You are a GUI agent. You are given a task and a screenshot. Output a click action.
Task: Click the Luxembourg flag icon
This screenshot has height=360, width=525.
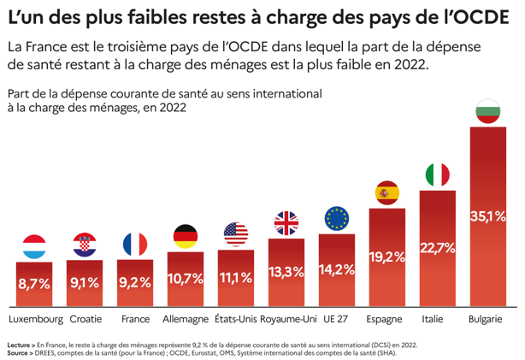35,246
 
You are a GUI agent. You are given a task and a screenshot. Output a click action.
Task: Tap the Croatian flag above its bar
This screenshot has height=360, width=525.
86,245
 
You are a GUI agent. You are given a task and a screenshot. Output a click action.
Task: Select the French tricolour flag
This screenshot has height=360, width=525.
135,245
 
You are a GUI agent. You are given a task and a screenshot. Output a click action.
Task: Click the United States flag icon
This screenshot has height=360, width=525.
235,233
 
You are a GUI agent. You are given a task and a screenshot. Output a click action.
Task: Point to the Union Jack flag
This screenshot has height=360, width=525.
286,223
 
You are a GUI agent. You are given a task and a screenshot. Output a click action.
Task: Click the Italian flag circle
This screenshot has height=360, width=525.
438,175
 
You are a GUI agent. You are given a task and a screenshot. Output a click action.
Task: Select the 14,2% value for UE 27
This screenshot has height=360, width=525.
337,269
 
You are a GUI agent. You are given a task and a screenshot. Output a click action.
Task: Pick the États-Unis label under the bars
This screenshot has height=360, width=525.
235,319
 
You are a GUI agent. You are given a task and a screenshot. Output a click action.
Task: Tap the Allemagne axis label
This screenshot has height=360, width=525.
186,319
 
